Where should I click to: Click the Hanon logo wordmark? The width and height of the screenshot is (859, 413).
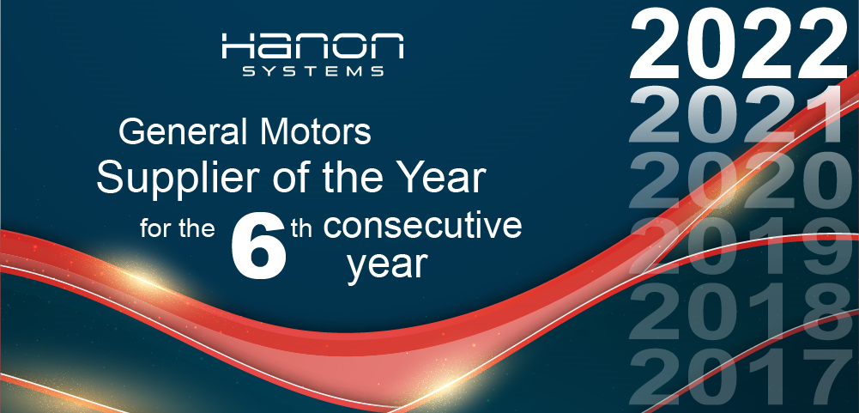click(313, 46)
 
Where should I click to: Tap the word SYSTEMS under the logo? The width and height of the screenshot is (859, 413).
click(313, 71)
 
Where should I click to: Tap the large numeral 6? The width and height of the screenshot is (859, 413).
click(259, 246)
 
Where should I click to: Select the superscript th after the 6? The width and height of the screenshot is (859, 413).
click(302, 228)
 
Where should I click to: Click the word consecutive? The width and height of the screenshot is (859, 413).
click(422, 226)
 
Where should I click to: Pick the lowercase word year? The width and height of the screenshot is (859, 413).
click(387, 266)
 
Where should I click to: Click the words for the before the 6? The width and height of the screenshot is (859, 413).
click(177, 228)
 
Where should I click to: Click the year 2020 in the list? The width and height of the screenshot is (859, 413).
click(743, 181)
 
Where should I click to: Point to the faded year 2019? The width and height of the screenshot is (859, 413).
click(743, 246)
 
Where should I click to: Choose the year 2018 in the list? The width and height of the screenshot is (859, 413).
click(743, 313)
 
